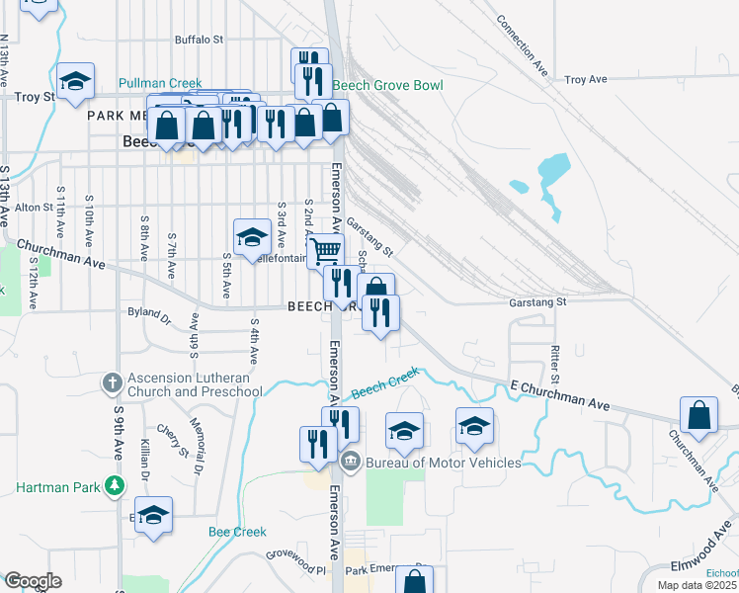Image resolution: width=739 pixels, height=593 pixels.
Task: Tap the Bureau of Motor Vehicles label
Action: point(443,463)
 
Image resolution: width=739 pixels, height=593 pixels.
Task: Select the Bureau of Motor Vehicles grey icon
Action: point(350,462)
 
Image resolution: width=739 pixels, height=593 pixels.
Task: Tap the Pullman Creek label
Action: point(160,84)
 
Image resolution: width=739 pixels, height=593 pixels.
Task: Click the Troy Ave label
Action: point(589,79)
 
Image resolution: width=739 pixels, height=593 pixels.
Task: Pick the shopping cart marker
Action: point(325,249)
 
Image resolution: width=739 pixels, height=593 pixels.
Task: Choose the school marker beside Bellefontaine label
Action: point(252,236)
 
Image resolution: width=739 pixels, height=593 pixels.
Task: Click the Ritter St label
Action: point(555,365)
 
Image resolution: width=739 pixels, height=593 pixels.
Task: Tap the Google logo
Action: point(33,581)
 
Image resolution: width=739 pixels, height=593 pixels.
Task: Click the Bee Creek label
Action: point(237,532)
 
